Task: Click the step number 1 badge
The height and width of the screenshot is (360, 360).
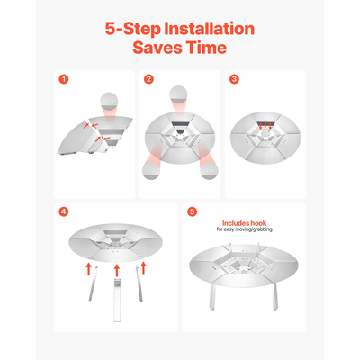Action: [x=64, y=79]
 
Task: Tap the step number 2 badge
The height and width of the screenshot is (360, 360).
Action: [x=148, y=79]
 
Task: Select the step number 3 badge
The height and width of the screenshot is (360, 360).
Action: [x=234, y=79]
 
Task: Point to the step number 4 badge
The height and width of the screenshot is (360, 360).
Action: [x=64, y=211]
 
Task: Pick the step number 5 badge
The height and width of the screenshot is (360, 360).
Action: [x=193, y=211]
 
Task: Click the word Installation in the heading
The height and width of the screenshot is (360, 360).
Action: [x=210, y=29]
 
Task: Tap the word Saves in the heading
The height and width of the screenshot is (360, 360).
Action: [x=157, y=48]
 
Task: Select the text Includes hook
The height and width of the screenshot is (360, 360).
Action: [x=244, y=223]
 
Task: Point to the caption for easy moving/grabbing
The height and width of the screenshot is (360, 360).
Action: [x=245, y=229]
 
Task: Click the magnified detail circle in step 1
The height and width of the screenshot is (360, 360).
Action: [x=109, y=102]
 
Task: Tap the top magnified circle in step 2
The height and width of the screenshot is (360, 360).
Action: [x=178, y=94]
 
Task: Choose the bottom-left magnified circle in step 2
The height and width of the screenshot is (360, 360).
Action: [x=151, y=170]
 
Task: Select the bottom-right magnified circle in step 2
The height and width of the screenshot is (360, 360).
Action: [x=209, y=170]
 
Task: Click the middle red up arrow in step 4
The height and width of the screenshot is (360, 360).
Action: [x=117, y=270]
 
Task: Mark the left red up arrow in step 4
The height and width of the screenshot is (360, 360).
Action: [x=88, y=268]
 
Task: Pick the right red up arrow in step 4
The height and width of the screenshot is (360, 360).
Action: [x=143, y=267]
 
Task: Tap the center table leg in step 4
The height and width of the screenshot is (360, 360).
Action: [x=117, y=300]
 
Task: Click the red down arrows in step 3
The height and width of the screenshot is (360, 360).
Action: [x=265, y=126]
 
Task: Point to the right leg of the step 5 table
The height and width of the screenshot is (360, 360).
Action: [x=275, y=296]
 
